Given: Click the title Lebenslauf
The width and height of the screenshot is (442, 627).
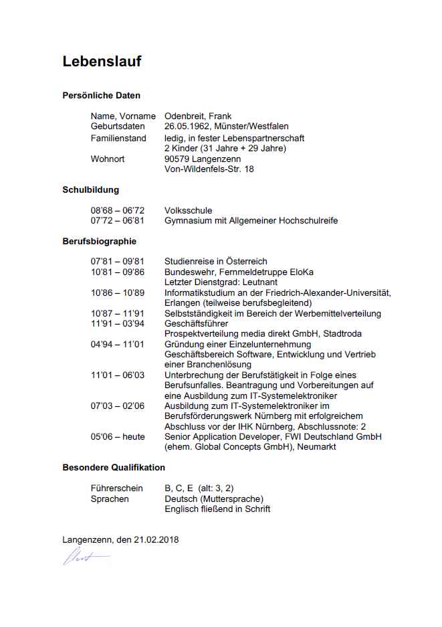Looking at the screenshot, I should (x=102, y=62).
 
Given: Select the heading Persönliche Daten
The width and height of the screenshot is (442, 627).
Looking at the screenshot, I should (x=101, y=96).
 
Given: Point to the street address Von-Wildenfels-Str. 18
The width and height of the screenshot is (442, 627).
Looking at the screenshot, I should (x=209, y=169).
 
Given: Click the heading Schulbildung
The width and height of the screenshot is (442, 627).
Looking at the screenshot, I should (x=90, y=190).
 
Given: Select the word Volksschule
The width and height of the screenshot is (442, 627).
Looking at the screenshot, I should (x=188, y=211).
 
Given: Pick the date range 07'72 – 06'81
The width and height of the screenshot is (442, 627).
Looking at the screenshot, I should (x=118, y=221).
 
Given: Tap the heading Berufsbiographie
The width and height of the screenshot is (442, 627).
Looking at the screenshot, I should (x=99, y=241).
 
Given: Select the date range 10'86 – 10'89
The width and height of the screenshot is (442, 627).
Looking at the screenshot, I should (x=118, y=293).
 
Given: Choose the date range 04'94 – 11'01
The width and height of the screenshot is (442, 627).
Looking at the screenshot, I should (x=118, y=345).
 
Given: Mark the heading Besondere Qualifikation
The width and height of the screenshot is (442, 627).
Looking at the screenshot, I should (x=114, y=467).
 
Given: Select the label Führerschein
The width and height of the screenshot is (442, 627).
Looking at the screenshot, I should (x=116, y=488).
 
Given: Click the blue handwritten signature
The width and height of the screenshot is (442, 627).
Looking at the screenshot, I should (x=86, y=557).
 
